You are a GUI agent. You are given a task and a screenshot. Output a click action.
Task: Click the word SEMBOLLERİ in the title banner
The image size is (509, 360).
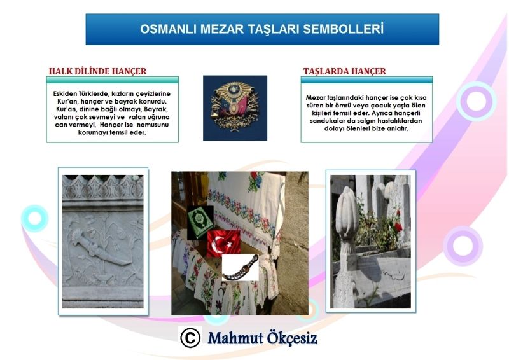click(x=343, y=29)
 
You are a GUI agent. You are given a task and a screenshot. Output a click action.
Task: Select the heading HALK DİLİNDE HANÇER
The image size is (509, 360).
click(x=98, y=71)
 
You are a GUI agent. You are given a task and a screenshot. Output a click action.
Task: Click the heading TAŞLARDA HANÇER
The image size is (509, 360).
click(x=345, y=71)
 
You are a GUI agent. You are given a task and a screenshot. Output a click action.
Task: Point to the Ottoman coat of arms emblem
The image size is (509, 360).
click(x=235, y=108)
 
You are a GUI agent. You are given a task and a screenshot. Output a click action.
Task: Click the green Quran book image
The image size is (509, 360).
click(x=200, y=223)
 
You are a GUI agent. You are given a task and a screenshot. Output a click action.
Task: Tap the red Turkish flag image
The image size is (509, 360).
click(x=224, y=244)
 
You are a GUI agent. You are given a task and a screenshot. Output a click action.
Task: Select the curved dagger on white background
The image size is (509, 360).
click(x=241, y=268)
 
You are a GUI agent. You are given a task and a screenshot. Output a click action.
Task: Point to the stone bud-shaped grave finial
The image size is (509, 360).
click(x=347, y=214)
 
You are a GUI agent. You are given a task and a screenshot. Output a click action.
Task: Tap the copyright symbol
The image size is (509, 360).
click(x=190, y=338)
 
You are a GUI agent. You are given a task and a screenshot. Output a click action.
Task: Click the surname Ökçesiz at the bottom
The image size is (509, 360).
click(x=292, y=338)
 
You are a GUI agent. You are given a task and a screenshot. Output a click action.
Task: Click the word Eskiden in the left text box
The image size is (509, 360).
click(x=64, y=93)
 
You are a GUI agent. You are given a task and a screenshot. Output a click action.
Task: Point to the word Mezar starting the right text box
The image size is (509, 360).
click(x=316, y=97)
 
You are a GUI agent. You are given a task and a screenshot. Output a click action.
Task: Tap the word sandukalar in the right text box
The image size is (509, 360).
click(x=325, y=121)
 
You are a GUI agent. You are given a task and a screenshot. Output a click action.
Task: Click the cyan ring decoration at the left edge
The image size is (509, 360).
click(x=35, y=218)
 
